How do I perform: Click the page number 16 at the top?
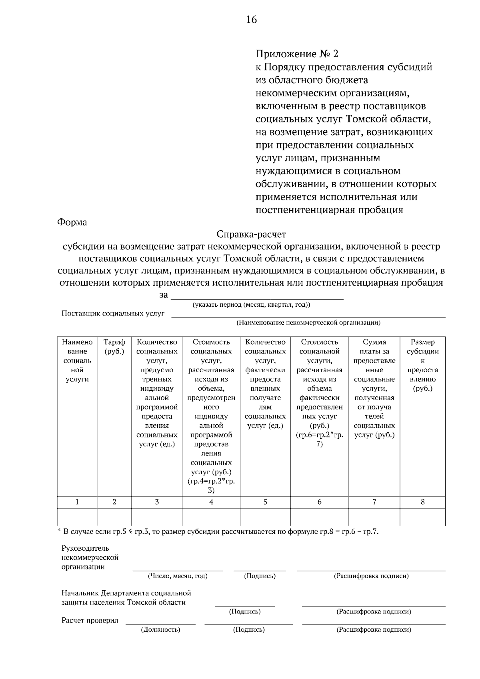click(x=251, y=20)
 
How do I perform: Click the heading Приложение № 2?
click(x=297, y=54)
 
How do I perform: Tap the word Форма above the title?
click(x=72, y=222)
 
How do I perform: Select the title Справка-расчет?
click(x=251, y=234)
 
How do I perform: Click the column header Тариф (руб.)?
click(x=114, y=347)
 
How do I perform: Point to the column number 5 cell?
click(x=265, y=502)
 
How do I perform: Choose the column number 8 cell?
click(x=422, y=502)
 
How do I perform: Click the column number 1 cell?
click(x=77, y=502)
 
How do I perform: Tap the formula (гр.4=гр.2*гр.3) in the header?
click(x=211, y=485)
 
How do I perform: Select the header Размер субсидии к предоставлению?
click(x=422, y=365)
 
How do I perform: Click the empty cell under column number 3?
click(x=157, y=517)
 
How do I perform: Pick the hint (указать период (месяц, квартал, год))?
click(x=251, y=305)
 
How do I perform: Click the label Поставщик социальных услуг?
click(x=113, y=314)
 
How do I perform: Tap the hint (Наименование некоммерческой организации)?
click(x=308, y=322)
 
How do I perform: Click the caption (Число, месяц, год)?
click(x=178, y=576)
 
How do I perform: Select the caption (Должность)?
click(x=160, y=630)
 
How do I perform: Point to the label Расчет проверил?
click(x=90, y=621)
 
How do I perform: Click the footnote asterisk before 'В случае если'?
click(x=59, y=531)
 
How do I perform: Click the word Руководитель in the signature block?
click(x=85, y=548)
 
